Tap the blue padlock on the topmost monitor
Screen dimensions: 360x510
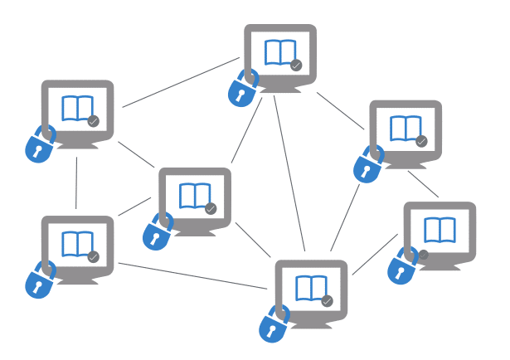pyautogui.click(x=241, y=90)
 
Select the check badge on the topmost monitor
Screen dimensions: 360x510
pyautogui.click(x=296, y=65)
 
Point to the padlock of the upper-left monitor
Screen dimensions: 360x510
pyautogui.click(x=39, y=145)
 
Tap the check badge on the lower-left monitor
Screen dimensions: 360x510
pyautogui.click(x=94, y=257)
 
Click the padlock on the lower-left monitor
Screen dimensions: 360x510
pyautogui.click(x=39, y=281)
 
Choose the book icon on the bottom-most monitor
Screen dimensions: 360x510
pyautogui.click(x=309, y=287)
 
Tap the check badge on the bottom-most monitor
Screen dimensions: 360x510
pyautogui.click(x=327, y=300)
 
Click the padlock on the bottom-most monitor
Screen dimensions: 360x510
pyautogui.click(x=272, y=324)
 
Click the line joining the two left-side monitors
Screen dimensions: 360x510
pyautogui.click(x=76, y=182)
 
